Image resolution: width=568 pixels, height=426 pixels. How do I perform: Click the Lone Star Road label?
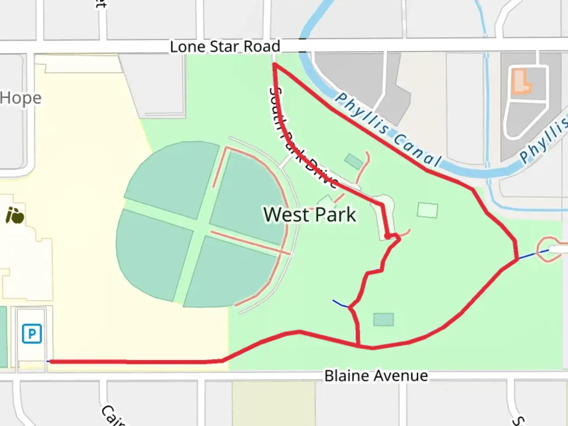(225, 47)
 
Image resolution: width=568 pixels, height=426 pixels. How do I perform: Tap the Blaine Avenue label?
(376, 376)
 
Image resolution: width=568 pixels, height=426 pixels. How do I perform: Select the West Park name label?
(310, 215)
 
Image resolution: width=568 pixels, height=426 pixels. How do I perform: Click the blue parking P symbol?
(32, 334)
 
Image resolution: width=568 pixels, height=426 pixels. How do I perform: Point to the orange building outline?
(521, 82)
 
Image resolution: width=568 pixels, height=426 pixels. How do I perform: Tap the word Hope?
(21, 98)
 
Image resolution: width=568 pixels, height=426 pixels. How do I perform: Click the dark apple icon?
(15, 215)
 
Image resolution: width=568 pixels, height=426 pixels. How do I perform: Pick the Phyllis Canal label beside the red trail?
(389, 130)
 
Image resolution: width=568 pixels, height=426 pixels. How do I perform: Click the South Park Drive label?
(302, 138)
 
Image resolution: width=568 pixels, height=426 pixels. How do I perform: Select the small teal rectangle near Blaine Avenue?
(383, 319)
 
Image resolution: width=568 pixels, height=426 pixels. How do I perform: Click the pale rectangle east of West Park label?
(428, 210)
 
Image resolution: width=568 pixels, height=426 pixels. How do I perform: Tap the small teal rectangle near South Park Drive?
(353, 161)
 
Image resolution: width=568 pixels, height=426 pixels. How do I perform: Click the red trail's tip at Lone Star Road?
(274, 64)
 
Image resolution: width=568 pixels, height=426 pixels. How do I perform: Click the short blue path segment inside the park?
(340, 304)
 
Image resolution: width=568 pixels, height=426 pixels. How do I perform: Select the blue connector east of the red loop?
(532, 254)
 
